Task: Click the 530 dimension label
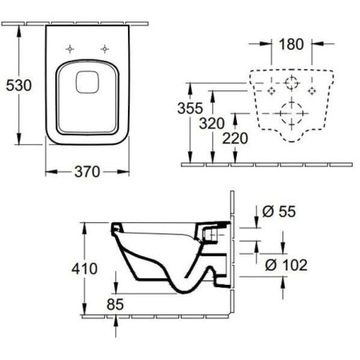point(18,86)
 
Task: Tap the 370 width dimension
point(87,172)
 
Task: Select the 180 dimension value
point(291,44)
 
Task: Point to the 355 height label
point(190,108)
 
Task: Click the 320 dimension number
point(212,123)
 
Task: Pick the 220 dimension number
point(235,138)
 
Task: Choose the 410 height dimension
point(85,269)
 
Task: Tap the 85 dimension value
point(115,304)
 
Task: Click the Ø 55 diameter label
point(279,212)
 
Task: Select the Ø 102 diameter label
point(286,265)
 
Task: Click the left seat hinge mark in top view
point(70,49)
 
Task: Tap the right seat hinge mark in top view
point(105,49)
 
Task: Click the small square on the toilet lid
point(87,82)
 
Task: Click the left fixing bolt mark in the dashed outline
point(271,91)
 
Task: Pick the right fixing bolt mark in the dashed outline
point(312,91)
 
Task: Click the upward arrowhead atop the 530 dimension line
point(19,30)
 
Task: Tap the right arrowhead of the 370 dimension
point(123,172)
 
